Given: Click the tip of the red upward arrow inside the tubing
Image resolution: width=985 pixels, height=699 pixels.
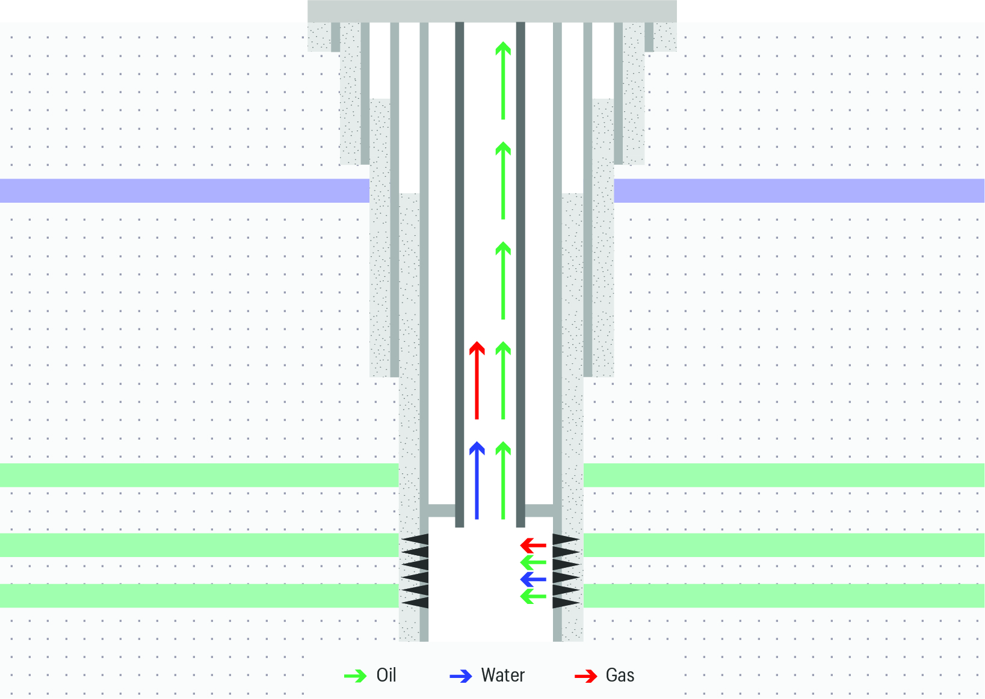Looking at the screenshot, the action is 477,342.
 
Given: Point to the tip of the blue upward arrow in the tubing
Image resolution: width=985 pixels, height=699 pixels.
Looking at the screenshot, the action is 477,442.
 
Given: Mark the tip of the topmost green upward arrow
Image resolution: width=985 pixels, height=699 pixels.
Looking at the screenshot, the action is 503,42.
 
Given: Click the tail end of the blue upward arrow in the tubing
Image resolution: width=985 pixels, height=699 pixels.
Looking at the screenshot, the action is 477,519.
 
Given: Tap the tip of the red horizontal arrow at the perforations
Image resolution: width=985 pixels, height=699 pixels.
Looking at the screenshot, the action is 520,546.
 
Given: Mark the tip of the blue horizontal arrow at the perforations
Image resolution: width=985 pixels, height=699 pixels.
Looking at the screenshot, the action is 520,579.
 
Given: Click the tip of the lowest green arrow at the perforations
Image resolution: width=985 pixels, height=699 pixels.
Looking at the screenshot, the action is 520,597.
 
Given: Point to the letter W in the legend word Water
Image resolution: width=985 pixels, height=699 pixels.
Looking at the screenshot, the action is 488,675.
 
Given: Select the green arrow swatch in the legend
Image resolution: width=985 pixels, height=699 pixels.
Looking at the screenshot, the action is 355,676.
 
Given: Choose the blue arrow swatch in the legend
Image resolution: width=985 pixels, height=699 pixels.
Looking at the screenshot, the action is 461,676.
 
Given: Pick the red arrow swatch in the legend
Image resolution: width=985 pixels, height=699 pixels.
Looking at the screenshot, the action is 585,676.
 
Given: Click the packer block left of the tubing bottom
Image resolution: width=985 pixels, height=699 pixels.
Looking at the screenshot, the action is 442,510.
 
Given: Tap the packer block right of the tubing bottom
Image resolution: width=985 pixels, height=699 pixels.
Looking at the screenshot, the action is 539,510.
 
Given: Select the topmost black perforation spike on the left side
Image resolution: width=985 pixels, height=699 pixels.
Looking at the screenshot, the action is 416,539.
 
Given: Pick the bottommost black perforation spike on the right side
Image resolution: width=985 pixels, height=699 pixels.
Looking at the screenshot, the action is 566,602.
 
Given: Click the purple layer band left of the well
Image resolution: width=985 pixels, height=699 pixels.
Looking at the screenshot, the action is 185,191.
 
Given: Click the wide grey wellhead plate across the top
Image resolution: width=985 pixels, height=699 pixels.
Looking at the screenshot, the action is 492,11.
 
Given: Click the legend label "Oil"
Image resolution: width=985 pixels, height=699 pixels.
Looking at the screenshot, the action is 386,675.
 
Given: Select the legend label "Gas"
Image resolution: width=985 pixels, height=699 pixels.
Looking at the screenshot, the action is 620,675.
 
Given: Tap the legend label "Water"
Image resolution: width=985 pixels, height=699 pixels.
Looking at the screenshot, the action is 503,675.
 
